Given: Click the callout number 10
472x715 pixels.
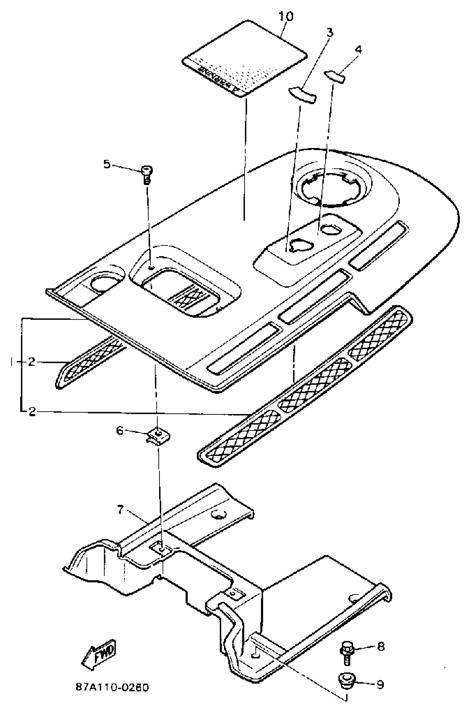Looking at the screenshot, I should [286, 17].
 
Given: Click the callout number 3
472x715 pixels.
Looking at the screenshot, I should [330, 32].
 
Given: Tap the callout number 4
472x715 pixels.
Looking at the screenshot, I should [358, 49].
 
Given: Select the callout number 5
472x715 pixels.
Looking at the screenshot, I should [107, 164].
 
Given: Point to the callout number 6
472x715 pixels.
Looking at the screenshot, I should [120, 431].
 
